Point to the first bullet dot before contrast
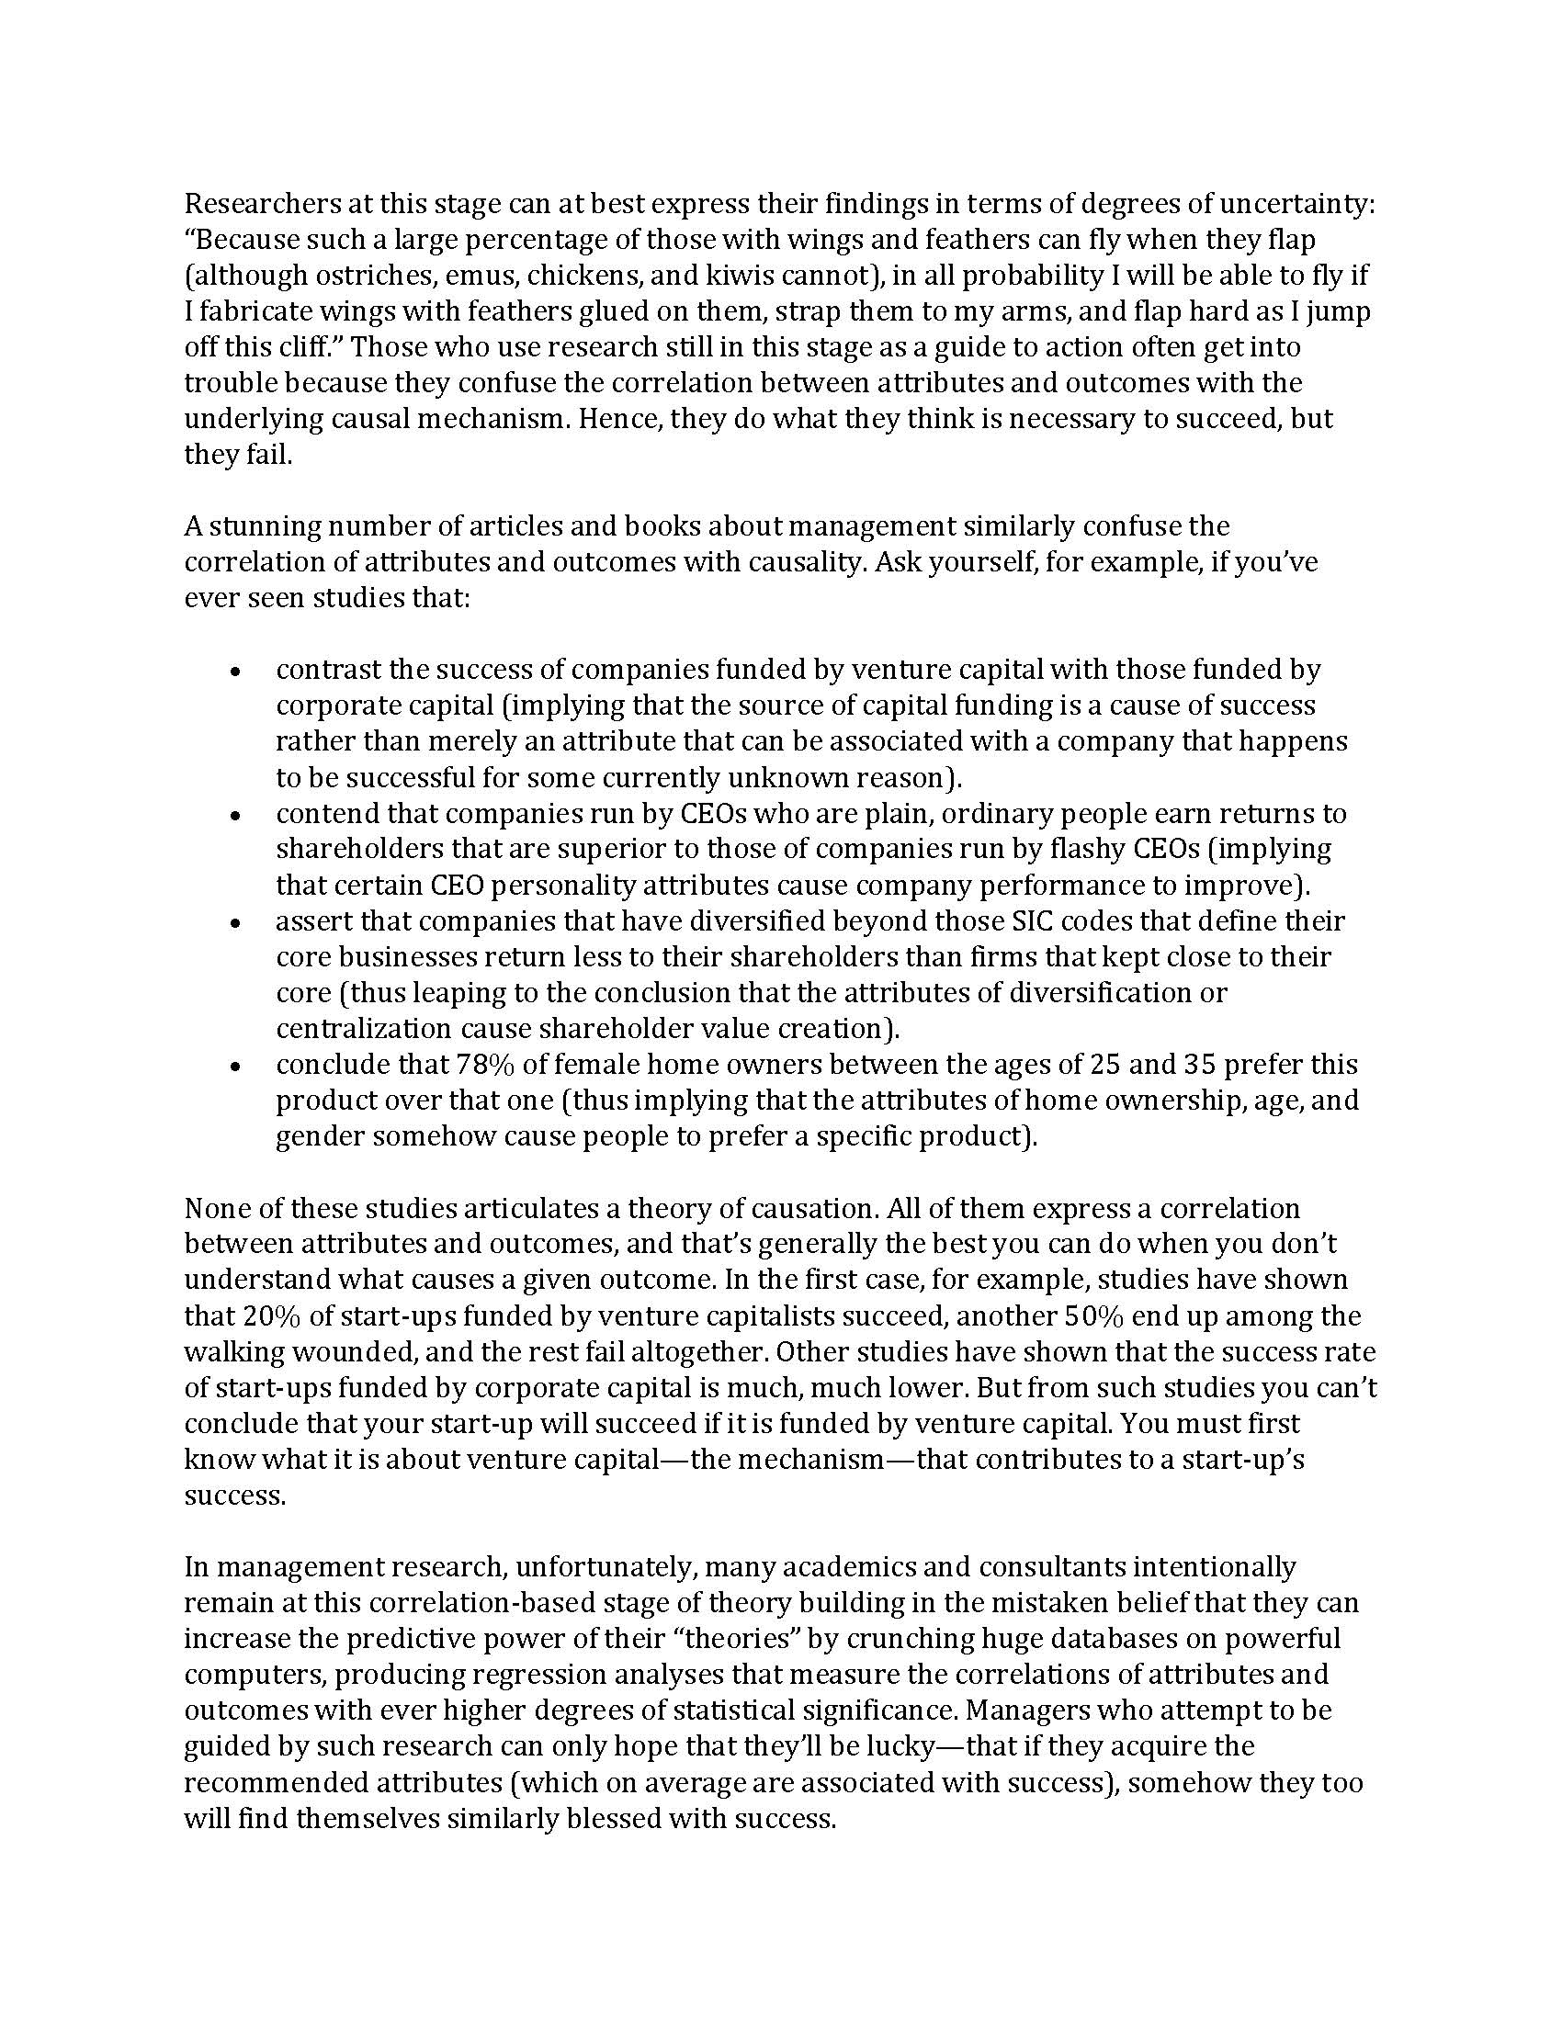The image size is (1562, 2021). tap(236, 671)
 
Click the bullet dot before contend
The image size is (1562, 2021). tap(236, 815)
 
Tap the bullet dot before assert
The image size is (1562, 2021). tap(236, 922)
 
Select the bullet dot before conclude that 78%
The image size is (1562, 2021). tap(236, 1066)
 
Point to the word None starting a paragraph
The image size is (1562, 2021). tap(213, 1209)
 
